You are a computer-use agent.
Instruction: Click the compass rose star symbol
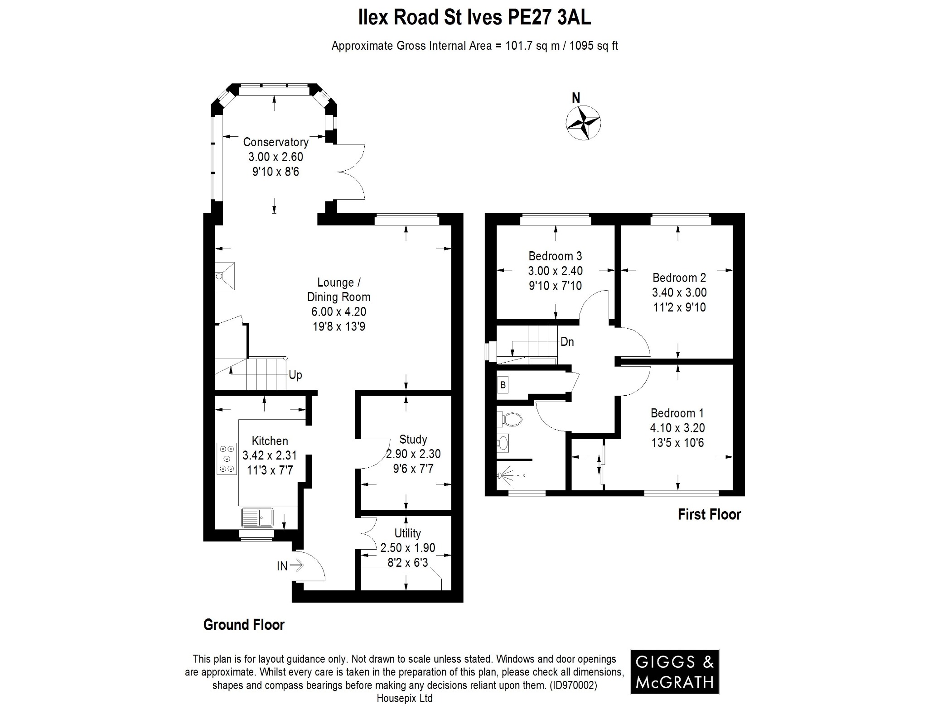point(583,123)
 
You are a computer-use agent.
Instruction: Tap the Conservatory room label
point(275,142)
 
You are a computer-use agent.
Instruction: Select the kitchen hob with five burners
point(227,459)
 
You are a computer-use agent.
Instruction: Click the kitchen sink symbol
point(257,517)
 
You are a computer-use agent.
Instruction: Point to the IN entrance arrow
point(296,565)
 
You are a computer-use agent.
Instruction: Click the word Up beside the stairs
point(295,375)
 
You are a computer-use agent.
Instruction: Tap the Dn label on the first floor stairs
point(567,342)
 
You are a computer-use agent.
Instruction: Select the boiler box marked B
point(503,385)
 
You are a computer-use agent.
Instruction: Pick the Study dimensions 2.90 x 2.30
point(413,454)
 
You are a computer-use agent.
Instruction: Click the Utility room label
point(407,533)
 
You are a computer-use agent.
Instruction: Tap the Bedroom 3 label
point(555,256)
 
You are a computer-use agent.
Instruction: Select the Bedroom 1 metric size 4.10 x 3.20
point(677,428)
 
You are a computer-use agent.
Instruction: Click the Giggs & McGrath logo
point(674,672)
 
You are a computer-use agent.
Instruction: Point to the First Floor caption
point(709,515)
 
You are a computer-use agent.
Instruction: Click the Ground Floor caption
point(244,625)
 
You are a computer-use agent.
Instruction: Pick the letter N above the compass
point(576,98)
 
